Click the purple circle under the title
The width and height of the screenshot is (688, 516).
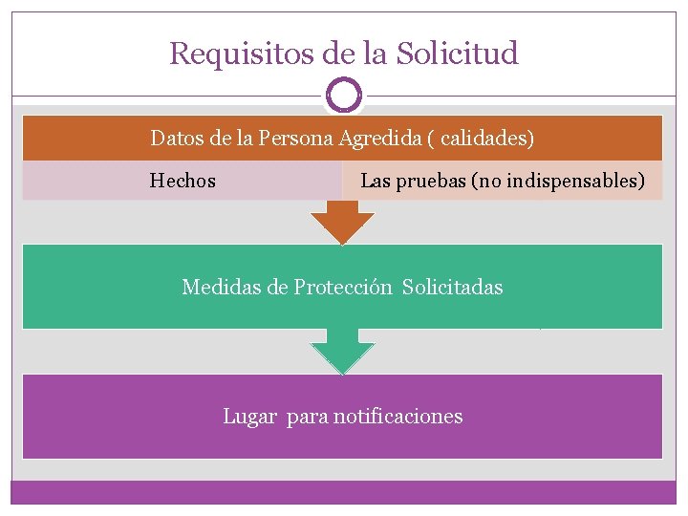click(x=344, y=96)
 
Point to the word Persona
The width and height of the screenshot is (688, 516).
click(x=295, y=139)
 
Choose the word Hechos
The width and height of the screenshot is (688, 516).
click(x=183, y=181)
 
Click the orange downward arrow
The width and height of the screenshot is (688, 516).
click(x=343, y=225)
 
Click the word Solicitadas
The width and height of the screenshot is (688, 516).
click(x=452, y=287)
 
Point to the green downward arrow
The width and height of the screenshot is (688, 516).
click(x=343, y=355)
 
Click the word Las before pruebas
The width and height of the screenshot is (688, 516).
click(x=375, y=181)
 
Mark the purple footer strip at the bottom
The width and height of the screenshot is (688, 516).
click(x=343, y=491)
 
